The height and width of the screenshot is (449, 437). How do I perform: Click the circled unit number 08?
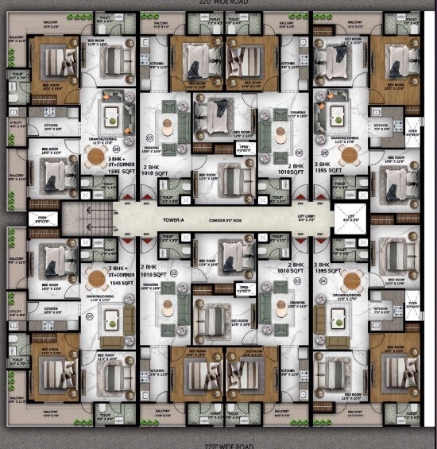(116, 149)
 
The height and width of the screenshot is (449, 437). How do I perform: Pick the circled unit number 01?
(90, 315)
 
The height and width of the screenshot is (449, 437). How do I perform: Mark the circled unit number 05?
(324, 152)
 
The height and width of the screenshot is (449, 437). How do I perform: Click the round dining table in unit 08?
(98, 157)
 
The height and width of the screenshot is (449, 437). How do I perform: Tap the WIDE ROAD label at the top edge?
(218, 3)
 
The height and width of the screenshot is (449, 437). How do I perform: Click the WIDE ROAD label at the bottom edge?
(218, 445)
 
